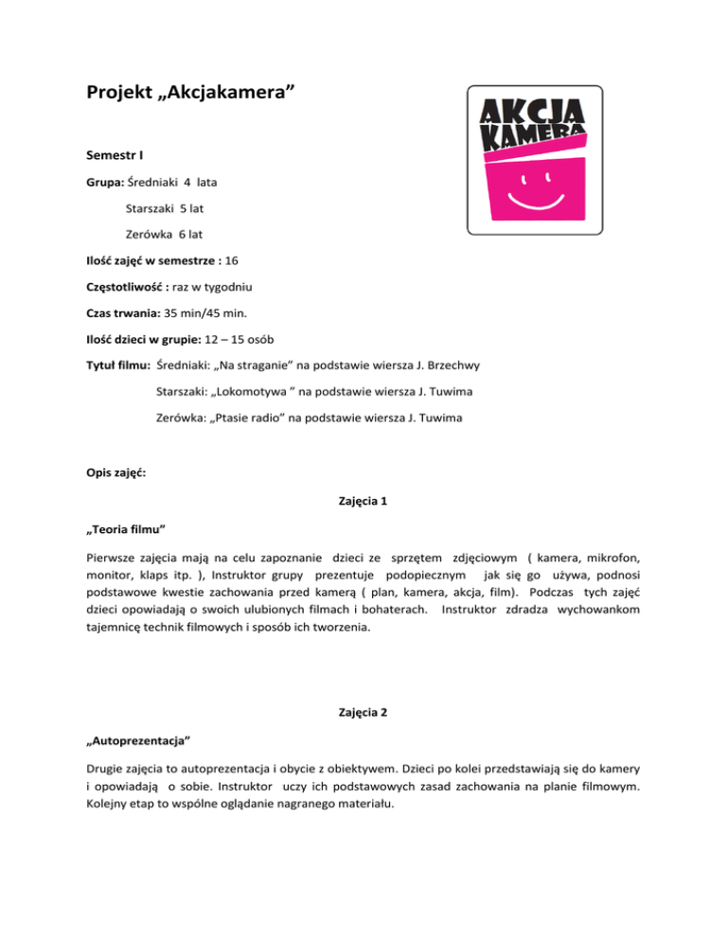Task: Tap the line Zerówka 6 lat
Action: [164, 232]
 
